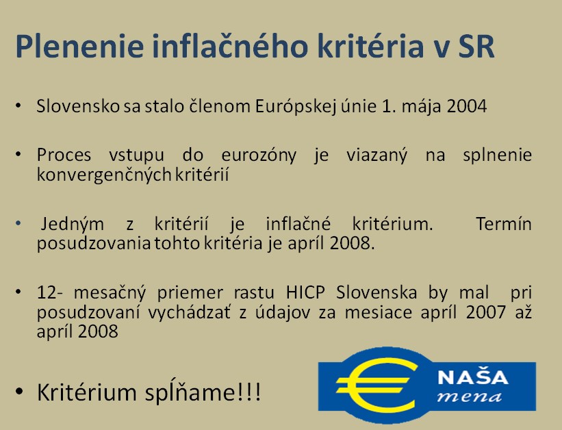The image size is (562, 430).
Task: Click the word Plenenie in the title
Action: [79, 46]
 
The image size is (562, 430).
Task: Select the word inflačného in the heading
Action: [230, 45]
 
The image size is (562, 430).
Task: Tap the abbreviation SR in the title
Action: [476, 47]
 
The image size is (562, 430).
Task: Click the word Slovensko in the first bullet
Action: [78, 106]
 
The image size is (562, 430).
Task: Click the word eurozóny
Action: [259, 155]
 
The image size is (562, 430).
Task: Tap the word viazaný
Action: [376, 155]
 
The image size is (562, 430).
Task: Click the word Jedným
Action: [73, 225]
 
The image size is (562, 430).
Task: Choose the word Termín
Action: [504, 224]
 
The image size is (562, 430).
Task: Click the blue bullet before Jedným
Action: [18, 223]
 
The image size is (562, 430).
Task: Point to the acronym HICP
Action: [305, 292]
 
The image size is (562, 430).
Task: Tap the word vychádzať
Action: [190, 312]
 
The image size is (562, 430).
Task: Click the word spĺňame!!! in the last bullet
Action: [203, 393]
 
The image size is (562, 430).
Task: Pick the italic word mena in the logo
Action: [470, 397]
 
